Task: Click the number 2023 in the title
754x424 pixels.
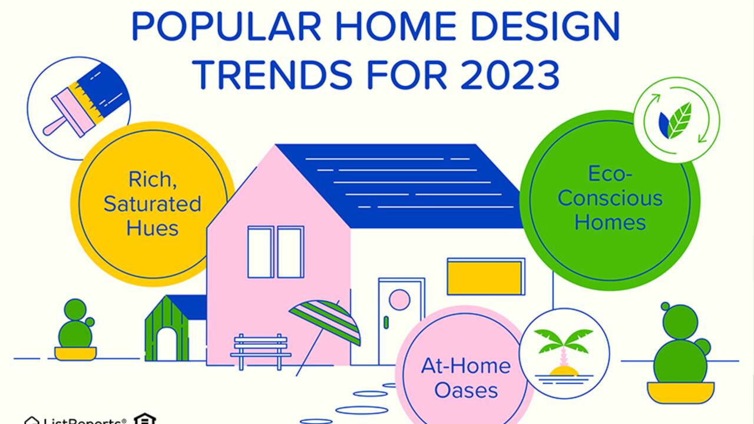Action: click(x=510, y=74)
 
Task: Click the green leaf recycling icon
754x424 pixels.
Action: click(x=676, y=120)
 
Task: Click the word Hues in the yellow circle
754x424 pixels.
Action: click(x=152, y=228)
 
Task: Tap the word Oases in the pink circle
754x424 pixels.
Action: click(x=466, y=390)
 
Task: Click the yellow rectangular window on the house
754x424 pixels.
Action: click(x=485, y=277)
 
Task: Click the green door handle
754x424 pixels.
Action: click(x=386, y=322)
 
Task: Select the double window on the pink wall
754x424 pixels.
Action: click(x=275, y=252)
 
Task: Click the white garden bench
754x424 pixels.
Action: click(x=260, y=350)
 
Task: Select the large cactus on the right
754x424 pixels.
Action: click(x=681, y=350)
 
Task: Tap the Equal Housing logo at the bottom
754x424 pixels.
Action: click(x=144, y=419)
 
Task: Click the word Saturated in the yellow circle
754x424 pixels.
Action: click(x=153, y=204)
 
